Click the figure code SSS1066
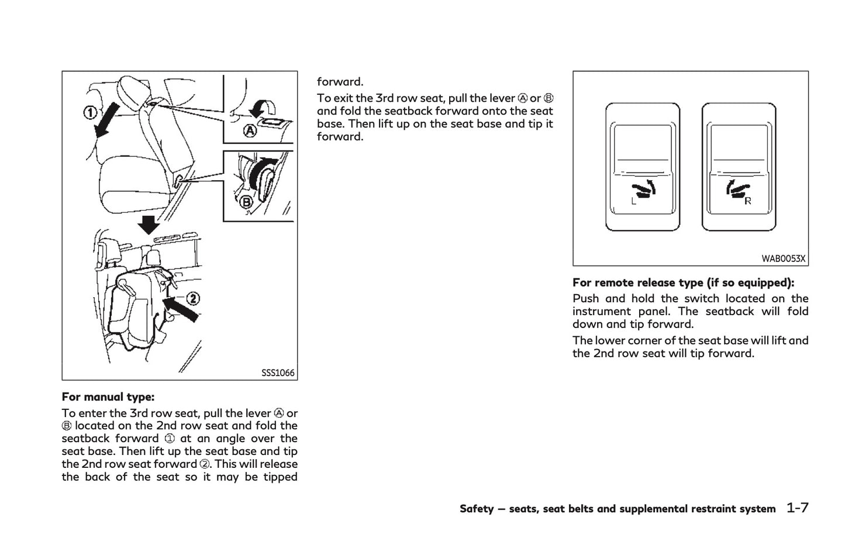click(x=278, y=373)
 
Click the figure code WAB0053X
click(x=783, y=258)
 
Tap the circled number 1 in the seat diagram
click(x=89, y=112)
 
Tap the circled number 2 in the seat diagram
click(x=192, y=299)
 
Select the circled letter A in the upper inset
click(x=250, y=132)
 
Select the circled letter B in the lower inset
click(x=247, y=203)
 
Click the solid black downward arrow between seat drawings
click(x=149, y=224)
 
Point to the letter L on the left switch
click(x=633, y=202)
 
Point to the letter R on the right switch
click(x=747, y=201)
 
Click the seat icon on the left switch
click(x=644, y=191)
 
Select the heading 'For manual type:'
click(x=108, y=397)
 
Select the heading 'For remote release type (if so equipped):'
click(x=683, y=283)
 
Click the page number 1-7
click(x=797, y=508)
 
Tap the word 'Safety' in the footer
click(x=477, y=509)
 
